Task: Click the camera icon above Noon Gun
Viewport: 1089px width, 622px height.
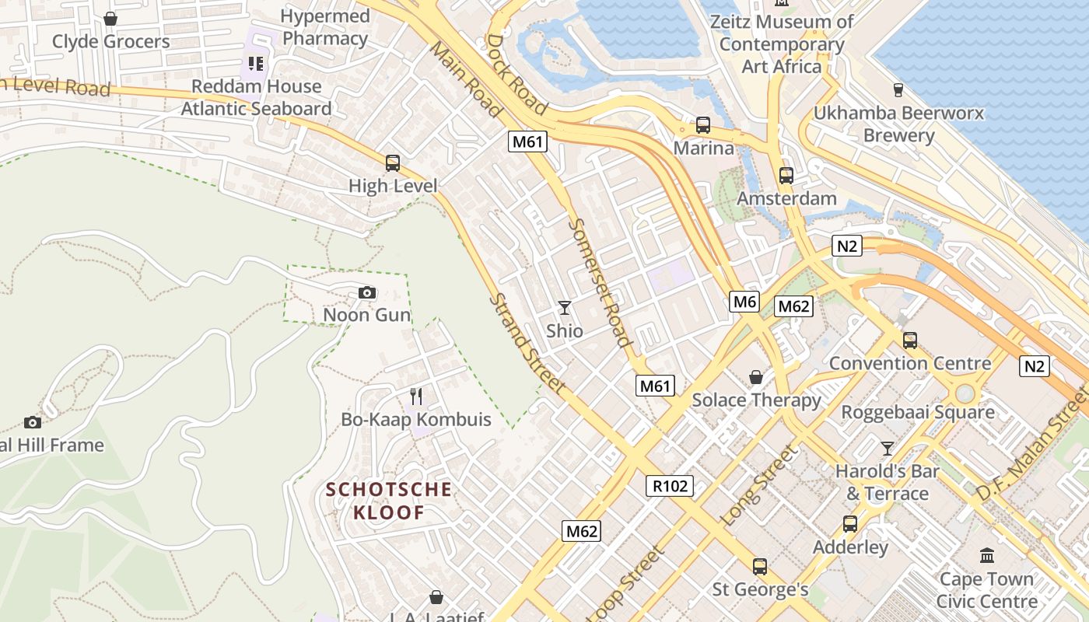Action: click(x=367, y=292)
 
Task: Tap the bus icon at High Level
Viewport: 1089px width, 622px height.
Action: click(x=393, y=163)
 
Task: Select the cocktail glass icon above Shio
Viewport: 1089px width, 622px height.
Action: click(x=565, y=308)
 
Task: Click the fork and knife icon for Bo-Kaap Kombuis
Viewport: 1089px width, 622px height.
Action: click(x=416, y=397)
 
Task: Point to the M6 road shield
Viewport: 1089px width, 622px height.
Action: click(x=744, y=302)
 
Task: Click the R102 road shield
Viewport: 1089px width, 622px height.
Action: click(x=670, y=486)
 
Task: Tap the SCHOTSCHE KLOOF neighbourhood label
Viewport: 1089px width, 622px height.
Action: click(x=389, y=501)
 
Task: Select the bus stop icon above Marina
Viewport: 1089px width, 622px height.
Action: click(x=703, y=124)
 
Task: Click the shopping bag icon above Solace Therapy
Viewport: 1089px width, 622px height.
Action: click(x=755, y=377)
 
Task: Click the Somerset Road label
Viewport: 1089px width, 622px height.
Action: click(x=599, y=281)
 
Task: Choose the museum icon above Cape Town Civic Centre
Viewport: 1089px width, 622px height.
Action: click(x=987, y=555)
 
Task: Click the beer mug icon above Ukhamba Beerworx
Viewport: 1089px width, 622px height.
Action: click(x=898, y=89)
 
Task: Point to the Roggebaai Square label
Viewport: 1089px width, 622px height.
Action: click(x=918, y=412)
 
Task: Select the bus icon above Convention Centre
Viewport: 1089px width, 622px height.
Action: click(x=909, y=340)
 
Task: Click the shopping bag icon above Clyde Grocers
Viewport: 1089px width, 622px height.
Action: click(x=110, y=18)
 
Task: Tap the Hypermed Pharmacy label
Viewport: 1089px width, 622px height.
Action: click(x=325, y=27)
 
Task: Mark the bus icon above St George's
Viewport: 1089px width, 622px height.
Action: click(x=760, y=567)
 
